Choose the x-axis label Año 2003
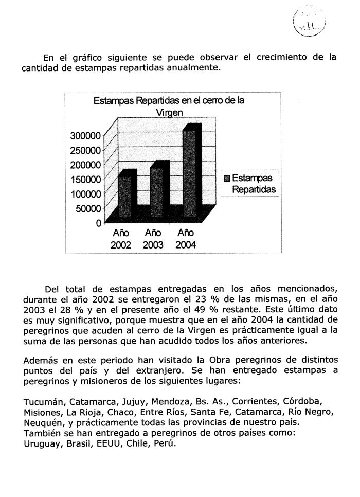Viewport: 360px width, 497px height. [153, 239]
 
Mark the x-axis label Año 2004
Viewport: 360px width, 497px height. [185, 239]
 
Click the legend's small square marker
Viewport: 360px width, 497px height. [226, 179]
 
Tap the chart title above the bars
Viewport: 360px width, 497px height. [169, 106]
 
